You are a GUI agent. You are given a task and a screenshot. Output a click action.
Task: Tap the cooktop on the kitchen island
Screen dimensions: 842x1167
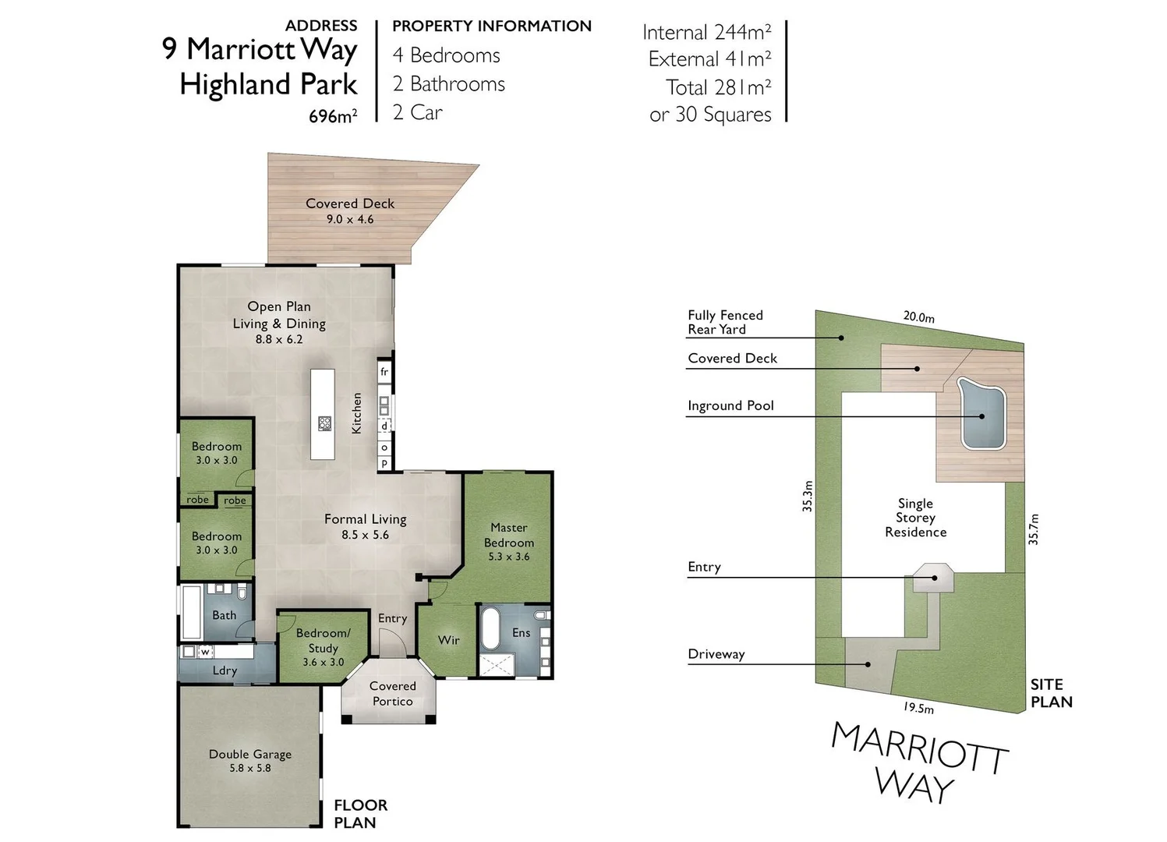325,424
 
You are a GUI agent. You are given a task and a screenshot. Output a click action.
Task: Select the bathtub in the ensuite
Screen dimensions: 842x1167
490,629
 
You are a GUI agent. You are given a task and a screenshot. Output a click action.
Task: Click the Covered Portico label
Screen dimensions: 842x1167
392,693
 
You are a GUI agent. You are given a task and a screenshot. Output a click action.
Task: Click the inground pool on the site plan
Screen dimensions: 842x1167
981,416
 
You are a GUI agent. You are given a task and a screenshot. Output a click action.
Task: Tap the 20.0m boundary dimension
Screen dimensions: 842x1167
918,317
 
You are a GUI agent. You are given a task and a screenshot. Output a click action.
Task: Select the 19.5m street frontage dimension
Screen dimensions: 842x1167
918,707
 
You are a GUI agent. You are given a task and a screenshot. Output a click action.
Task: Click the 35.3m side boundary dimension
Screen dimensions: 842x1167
808,496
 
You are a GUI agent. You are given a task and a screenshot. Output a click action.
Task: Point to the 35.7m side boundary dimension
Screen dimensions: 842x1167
1034,529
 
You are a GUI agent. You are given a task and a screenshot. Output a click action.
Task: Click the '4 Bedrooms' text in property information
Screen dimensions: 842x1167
446,55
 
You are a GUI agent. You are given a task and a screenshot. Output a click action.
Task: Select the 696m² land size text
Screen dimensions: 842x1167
333,116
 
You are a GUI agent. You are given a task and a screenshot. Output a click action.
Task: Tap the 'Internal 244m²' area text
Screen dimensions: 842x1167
706,32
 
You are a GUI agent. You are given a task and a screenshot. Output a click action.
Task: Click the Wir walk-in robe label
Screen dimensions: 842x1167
448,640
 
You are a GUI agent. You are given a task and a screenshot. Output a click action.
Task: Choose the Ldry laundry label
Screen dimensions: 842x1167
225,670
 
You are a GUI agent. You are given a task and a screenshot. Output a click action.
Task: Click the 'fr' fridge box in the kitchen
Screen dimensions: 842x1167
384,372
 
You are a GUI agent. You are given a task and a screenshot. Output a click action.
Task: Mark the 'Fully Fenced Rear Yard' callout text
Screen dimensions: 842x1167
725,322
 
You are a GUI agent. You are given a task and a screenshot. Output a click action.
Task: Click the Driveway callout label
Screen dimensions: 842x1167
716,654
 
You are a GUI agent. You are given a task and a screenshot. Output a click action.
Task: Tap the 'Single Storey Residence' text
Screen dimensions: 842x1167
915,518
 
